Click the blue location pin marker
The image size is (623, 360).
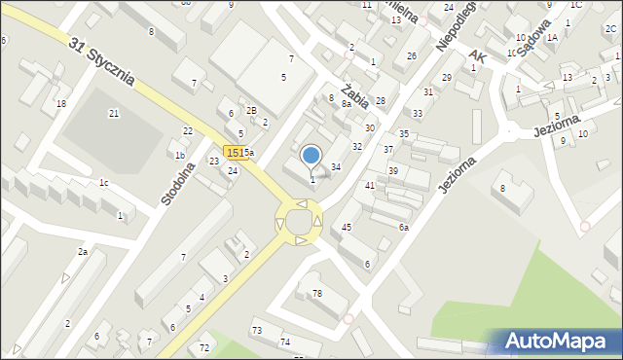pos(311,156)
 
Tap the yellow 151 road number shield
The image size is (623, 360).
pos(233,152)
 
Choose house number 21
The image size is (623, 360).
pos(113,114)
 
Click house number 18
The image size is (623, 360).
pos(61,103)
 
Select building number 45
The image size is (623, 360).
pos(347,227)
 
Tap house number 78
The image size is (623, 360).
pos(316,293)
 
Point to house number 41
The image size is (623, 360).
pos(370,185)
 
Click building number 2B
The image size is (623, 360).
pos(251,111)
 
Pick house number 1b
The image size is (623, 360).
pos(180,155)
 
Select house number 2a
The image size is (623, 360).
pos(83,252)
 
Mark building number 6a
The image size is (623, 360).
pos(403,227)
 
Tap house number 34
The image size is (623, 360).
pos(336,167)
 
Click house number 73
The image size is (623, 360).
pos(256,331)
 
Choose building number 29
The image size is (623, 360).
pos(446,77)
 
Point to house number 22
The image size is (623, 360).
pos(188,130)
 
